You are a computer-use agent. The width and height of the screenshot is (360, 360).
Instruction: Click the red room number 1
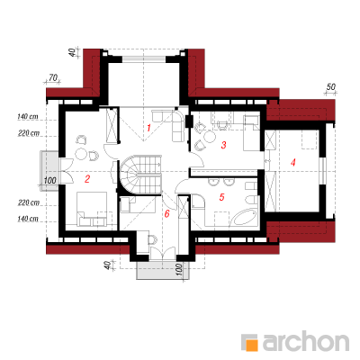[x=148, y=128]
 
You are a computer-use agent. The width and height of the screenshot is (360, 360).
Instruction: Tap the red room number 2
[x=87, y=179]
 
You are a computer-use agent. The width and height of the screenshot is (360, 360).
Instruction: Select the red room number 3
[x=223, y=145]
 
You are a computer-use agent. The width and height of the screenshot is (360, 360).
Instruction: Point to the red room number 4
[x=293, y=163]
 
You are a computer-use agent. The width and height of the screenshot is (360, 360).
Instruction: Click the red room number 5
[x=221, y=197]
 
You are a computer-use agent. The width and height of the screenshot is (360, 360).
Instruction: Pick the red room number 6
[x=167, y=213]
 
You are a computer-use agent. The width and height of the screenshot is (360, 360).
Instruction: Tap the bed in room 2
[x=92, y=209]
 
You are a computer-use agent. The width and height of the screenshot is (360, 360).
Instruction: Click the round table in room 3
[x=210, y=138]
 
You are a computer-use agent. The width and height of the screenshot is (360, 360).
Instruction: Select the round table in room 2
[x=81, y=155]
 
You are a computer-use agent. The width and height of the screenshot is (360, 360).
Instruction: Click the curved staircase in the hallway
[x=140, y=174]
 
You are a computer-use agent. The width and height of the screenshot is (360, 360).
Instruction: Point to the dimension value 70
[x=52, y=78]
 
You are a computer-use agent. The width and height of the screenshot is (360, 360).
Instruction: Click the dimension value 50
[x=330, y=87]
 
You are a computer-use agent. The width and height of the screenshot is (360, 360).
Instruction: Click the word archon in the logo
[x=306, y=340]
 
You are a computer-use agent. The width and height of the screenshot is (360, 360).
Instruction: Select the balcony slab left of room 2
[x=49, y=170]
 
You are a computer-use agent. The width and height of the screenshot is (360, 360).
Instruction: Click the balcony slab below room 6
[x=163, y=270]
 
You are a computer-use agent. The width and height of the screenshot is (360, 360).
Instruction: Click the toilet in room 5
[x=252, y=199]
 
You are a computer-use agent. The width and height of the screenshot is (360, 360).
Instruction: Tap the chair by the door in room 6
[x=153, y=240]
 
